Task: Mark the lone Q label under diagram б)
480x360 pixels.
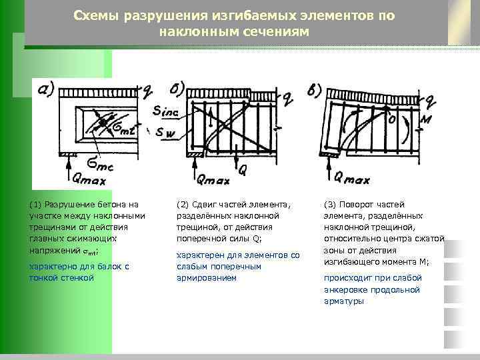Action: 243,171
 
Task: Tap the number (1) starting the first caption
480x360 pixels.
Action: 35,204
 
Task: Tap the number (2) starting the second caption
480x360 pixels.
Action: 183,204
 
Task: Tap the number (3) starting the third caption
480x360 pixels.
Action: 329,204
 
